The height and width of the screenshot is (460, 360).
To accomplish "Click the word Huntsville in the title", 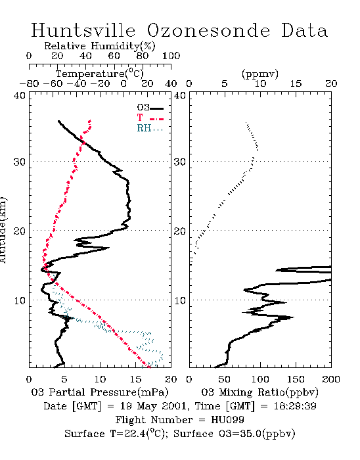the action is coord(83,30).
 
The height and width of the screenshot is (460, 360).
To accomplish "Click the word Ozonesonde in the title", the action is coord(208,31).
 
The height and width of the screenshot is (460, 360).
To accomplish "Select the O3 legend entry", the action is coord(150,108).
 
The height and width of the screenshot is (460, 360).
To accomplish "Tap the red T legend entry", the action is coord(150,118).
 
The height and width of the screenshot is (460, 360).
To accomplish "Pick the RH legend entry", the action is coord(150,128).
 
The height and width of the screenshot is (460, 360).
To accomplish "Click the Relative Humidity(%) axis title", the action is coord(100,46).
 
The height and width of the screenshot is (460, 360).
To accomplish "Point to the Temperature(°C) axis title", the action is coord(100,74).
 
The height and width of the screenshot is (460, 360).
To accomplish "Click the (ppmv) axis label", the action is coord(260,74).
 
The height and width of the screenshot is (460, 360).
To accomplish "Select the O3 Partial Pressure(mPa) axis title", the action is coord(100,392).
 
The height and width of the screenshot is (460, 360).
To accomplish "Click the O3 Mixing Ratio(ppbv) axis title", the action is coord(259,392).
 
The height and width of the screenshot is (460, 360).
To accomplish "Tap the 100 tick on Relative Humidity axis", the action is coord(171,56).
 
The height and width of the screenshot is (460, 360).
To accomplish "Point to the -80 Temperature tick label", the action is coord(29,83).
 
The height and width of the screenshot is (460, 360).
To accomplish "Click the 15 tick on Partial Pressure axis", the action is coord(135,379).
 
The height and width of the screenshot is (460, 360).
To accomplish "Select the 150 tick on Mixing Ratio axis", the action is coord(296,379).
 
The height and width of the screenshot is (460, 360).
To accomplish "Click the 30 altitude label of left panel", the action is coord(19,162).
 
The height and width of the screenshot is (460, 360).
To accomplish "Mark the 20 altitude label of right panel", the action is coord(180,231).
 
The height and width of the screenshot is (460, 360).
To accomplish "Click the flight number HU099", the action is coord(227,420).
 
